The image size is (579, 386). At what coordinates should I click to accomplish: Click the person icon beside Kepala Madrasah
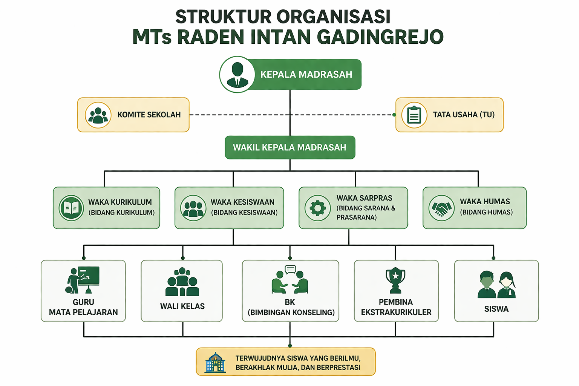point(237,75)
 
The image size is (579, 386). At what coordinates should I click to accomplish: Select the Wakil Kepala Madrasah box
point(289,147)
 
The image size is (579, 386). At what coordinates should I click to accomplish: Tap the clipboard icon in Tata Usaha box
point(414,115)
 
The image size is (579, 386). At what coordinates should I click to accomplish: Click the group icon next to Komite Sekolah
point(98,115)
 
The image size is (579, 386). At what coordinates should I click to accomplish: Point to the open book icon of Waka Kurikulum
point(71,208)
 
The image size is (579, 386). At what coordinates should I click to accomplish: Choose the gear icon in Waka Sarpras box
point(317,208)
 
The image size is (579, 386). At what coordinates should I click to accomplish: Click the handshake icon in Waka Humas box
point(441,208)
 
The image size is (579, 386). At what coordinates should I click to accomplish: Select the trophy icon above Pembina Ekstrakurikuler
point(395,280)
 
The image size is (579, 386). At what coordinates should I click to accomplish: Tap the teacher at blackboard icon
point(83,280)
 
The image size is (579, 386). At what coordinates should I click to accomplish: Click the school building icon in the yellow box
point(215,363)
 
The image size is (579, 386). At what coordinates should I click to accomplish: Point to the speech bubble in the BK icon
point(290,269)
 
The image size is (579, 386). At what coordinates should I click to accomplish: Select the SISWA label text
point(496,309)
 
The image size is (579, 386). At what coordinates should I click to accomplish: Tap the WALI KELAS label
point(182,306)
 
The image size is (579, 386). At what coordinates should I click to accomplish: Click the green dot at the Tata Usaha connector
point(394,115)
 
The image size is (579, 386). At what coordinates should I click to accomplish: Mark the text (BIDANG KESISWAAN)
point(244,213)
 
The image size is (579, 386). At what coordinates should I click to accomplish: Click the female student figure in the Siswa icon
point(506,285)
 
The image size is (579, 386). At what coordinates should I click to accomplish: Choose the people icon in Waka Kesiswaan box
point(193,208)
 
